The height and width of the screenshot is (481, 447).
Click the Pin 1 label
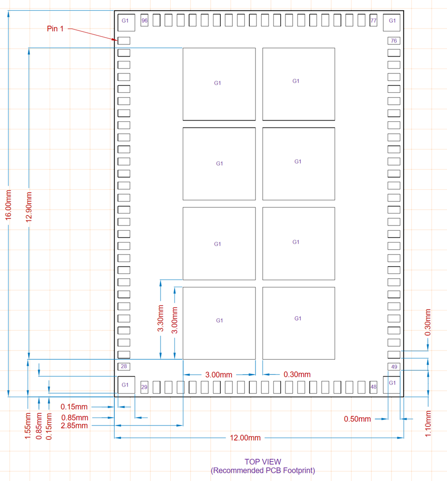(x=55, y=29)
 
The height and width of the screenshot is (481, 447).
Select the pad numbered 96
(x=144, y=21)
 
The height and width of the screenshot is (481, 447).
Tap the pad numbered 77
(x=373, y=21)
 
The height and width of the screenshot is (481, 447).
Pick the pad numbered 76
(x=394, y=41)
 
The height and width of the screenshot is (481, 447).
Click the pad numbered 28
(x=124, y=367)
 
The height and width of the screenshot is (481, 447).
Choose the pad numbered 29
(x=144, y=387)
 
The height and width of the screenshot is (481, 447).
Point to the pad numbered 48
(x=373, y=387)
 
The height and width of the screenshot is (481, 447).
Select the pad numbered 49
(x=394, y=367)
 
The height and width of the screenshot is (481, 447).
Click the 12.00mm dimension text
(x=245, y=438)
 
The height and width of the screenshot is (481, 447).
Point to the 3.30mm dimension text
(x=161, y=318)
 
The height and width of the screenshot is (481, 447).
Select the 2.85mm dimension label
(x=75, y=425)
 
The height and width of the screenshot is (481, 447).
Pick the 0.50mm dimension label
(x=357, y=419)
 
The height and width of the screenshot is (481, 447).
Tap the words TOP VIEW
(x=262, y=462)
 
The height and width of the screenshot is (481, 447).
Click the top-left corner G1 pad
(x=125, y=21)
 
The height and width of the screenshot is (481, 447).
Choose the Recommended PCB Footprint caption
(x=262, y=470)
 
